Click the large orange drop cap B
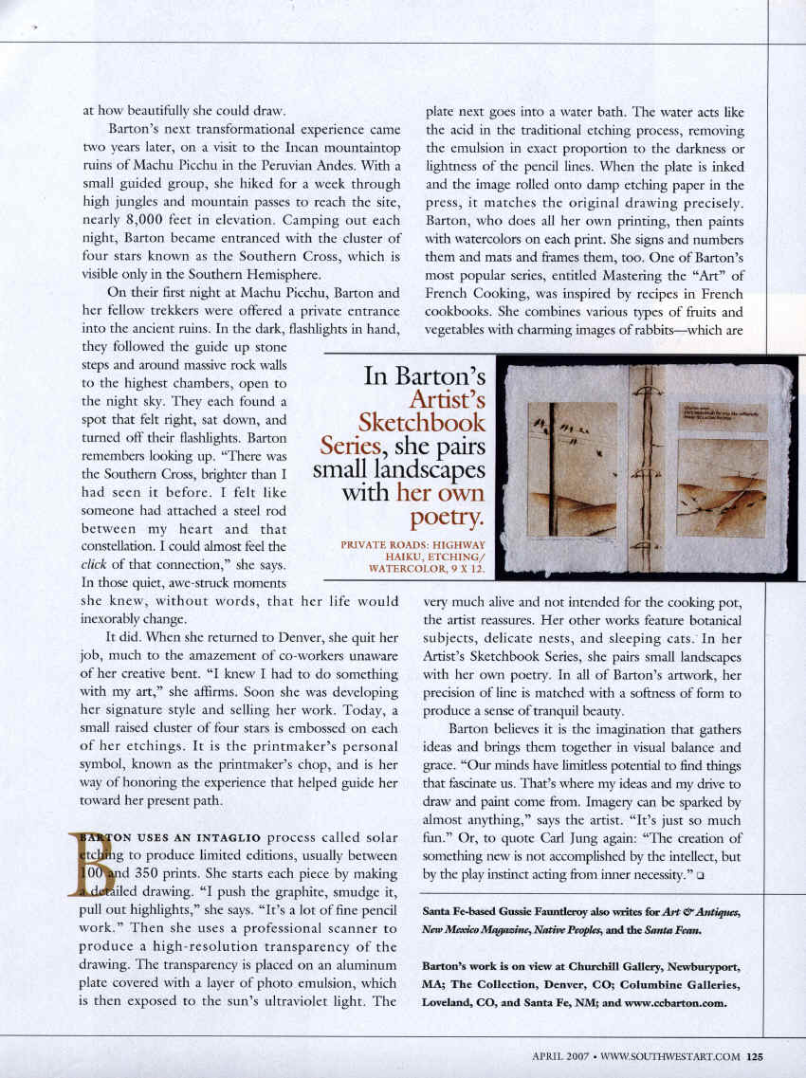coord(92,865)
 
